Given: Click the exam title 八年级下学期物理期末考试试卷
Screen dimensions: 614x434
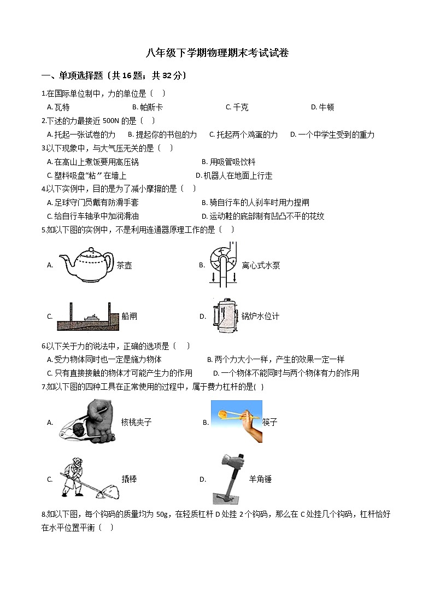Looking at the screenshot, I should pos(217,53).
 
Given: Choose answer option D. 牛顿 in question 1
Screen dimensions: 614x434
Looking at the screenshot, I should pos(322,107).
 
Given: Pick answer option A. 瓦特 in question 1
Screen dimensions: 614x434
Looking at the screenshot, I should pos(58,107).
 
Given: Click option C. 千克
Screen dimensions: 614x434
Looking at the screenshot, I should pos(237,107).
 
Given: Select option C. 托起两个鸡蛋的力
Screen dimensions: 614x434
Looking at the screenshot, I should pos(243,135).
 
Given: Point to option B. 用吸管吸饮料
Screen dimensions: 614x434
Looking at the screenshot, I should pos(228,162).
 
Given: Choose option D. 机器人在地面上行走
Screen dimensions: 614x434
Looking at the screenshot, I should pos(234,176).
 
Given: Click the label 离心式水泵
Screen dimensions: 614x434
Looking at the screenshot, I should pos(261,266).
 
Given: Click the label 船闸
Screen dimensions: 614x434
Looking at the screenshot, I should pos(130,316).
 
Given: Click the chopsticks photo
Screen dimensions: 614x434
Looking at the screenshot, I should pos(236,421).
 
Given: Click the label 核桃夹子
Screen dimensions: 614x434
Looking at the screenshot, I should pos(136,422).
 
